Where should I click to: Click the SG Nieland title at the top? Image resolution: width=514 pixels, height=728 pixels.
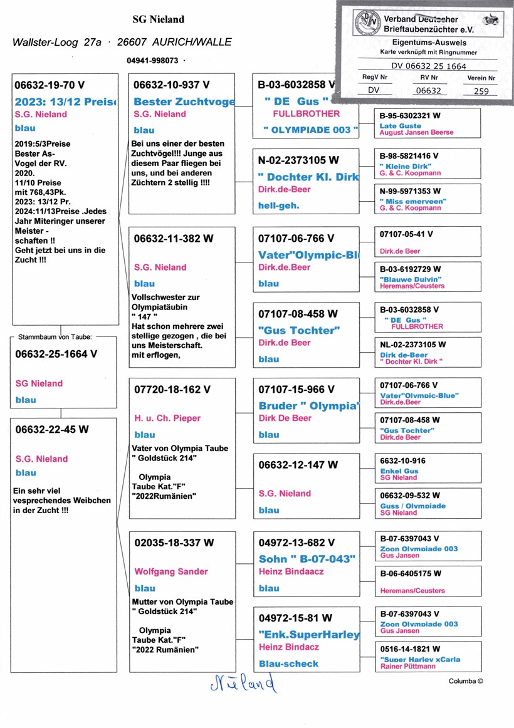coord(158,19)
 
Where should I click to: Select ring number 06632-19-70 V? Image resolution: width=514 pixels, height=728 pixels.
coord(50,85)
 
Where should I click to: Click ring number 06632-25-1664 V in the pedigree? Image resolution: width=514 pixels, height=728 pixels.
coord(56,353)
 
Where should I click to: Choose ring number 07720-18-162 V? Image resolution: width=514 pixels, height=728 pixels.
coord(168,389)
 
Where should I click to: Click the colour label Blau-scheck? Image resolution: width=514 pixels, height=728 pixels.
coord(289,663)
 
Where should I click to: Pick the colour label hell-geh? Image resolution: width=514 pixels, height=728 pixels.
coord(280,205)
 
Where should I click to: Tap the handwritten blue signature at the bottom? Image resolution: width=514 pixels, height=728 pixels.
coord(241,684)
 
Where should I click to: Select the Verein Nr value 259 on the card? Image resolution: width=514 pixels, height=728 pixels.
coord(481,91)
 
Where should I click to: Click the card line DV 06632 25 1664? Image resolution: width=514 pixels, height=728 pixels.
coord(429,66)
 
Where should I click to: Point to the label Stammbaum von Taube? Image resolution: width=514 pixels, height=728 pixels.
coord(55,336)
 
